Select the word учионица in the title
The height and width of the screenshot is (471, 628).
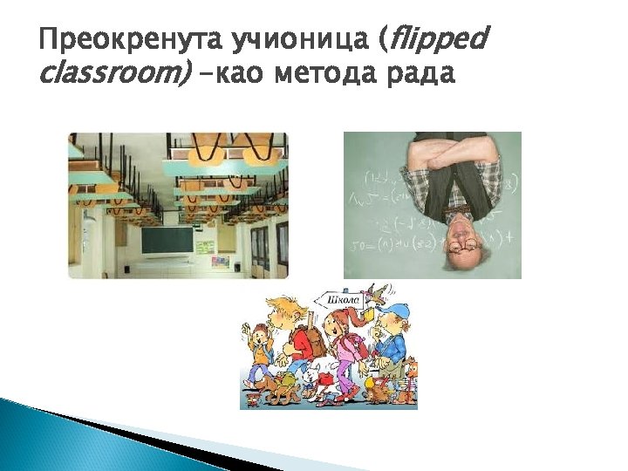(x=297, y=39)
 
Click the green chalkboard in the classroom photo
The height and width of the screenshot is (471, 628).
(x=167, y=239)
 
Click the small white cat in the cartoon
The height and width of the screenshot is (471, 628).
(x=311, y=375)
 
